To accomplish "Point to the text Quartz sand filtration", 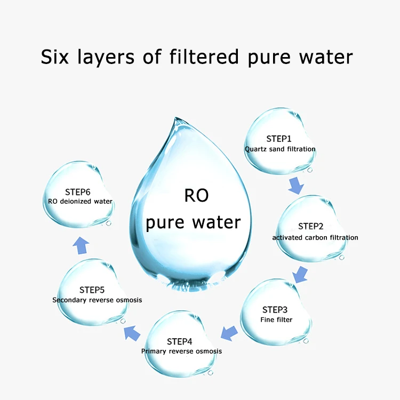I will tap(280, 149).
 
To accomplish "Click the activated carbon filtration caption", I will tap(315, 237).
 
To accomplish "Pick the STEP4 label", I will tap(180, 341).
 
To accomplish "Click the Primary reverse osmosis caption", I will tap(181, 351).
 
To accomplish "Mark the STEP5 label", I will tap(92, 290).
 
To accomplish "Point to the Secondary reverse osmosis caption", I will tap(97, 300).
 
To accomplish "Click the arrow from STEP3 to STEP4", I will tap(229, 333).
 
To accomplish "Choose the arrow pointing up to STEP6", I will tap(81, 245).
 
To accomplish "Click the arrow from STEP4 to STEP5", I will tap(132, 334).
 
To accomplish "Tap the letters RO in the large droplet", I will tap(196, 196).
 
